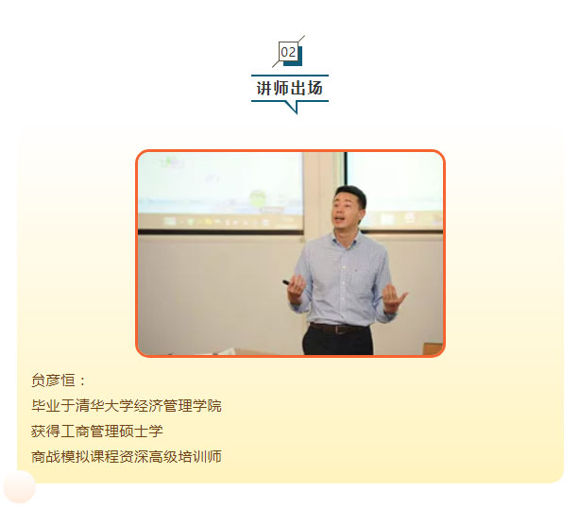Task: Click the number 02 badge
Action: click(x=288, y=52)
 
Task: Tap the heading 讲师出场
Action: click(x=289, y=88)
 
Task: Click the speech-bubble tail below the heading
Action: click(x=292, y=107)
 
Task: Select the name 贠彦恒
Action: click(x=53, y=381)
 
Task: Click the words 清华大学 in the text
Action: click(x=104, y=406)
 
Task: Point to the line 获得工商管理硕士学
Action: click(x=96, y=432)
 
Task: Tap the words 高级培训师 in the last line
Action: click(x=184, y=457)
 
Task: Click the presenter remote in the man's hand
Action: click(x=288, y=283)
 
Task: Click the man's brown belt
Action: click(x=338, y=329)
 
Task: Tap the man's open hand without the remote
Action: click(x=394, y=298)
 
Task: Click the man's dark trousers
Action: click(x=337, y=342)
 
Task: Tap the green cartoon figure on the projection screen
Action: click(x=257, y=198)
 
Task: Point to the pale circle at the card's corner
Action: click(x=19, y=486)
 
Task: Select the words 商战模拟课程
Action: click(x=75, y=457)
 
